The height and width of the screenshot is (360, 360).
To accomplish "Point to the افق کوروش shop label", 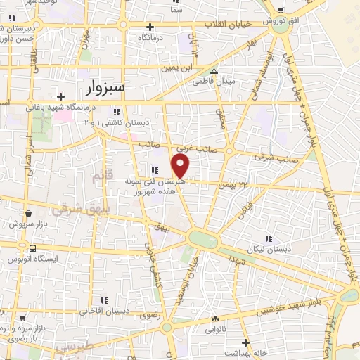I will click(281, 22).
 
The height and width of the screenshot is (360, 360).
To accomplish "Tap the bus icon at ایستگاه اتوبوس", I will click(33, 247).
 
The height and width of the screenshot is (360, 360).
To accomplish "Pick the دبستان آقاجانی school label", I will click(104, 309).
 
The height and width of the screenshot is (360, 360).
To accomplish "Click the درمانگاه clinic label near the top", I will click(150, 37).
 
